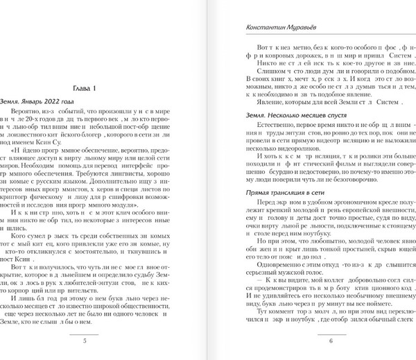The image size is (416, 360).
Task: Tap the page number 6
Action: click(331, 341)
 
